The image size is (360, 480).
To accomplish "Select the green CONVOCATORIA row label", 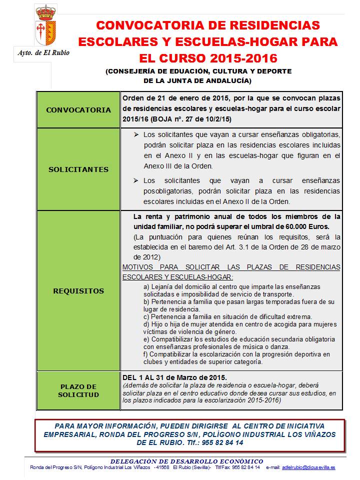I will click(x=78, y=110).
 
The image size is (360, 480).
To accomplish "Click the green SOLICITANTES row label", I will click(x=78, y=169).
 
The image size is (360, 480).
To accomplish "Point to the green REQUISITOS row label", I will click(x=78, y=291).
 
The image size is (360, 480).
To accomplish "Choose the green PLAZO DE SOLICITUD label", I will click(x=78, y=390).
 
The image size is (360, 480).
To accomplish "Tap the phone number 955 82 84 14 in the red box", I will click(x=221, y=442).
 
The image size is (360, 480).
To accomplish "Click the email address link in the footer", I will click(x=308, y=467).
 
